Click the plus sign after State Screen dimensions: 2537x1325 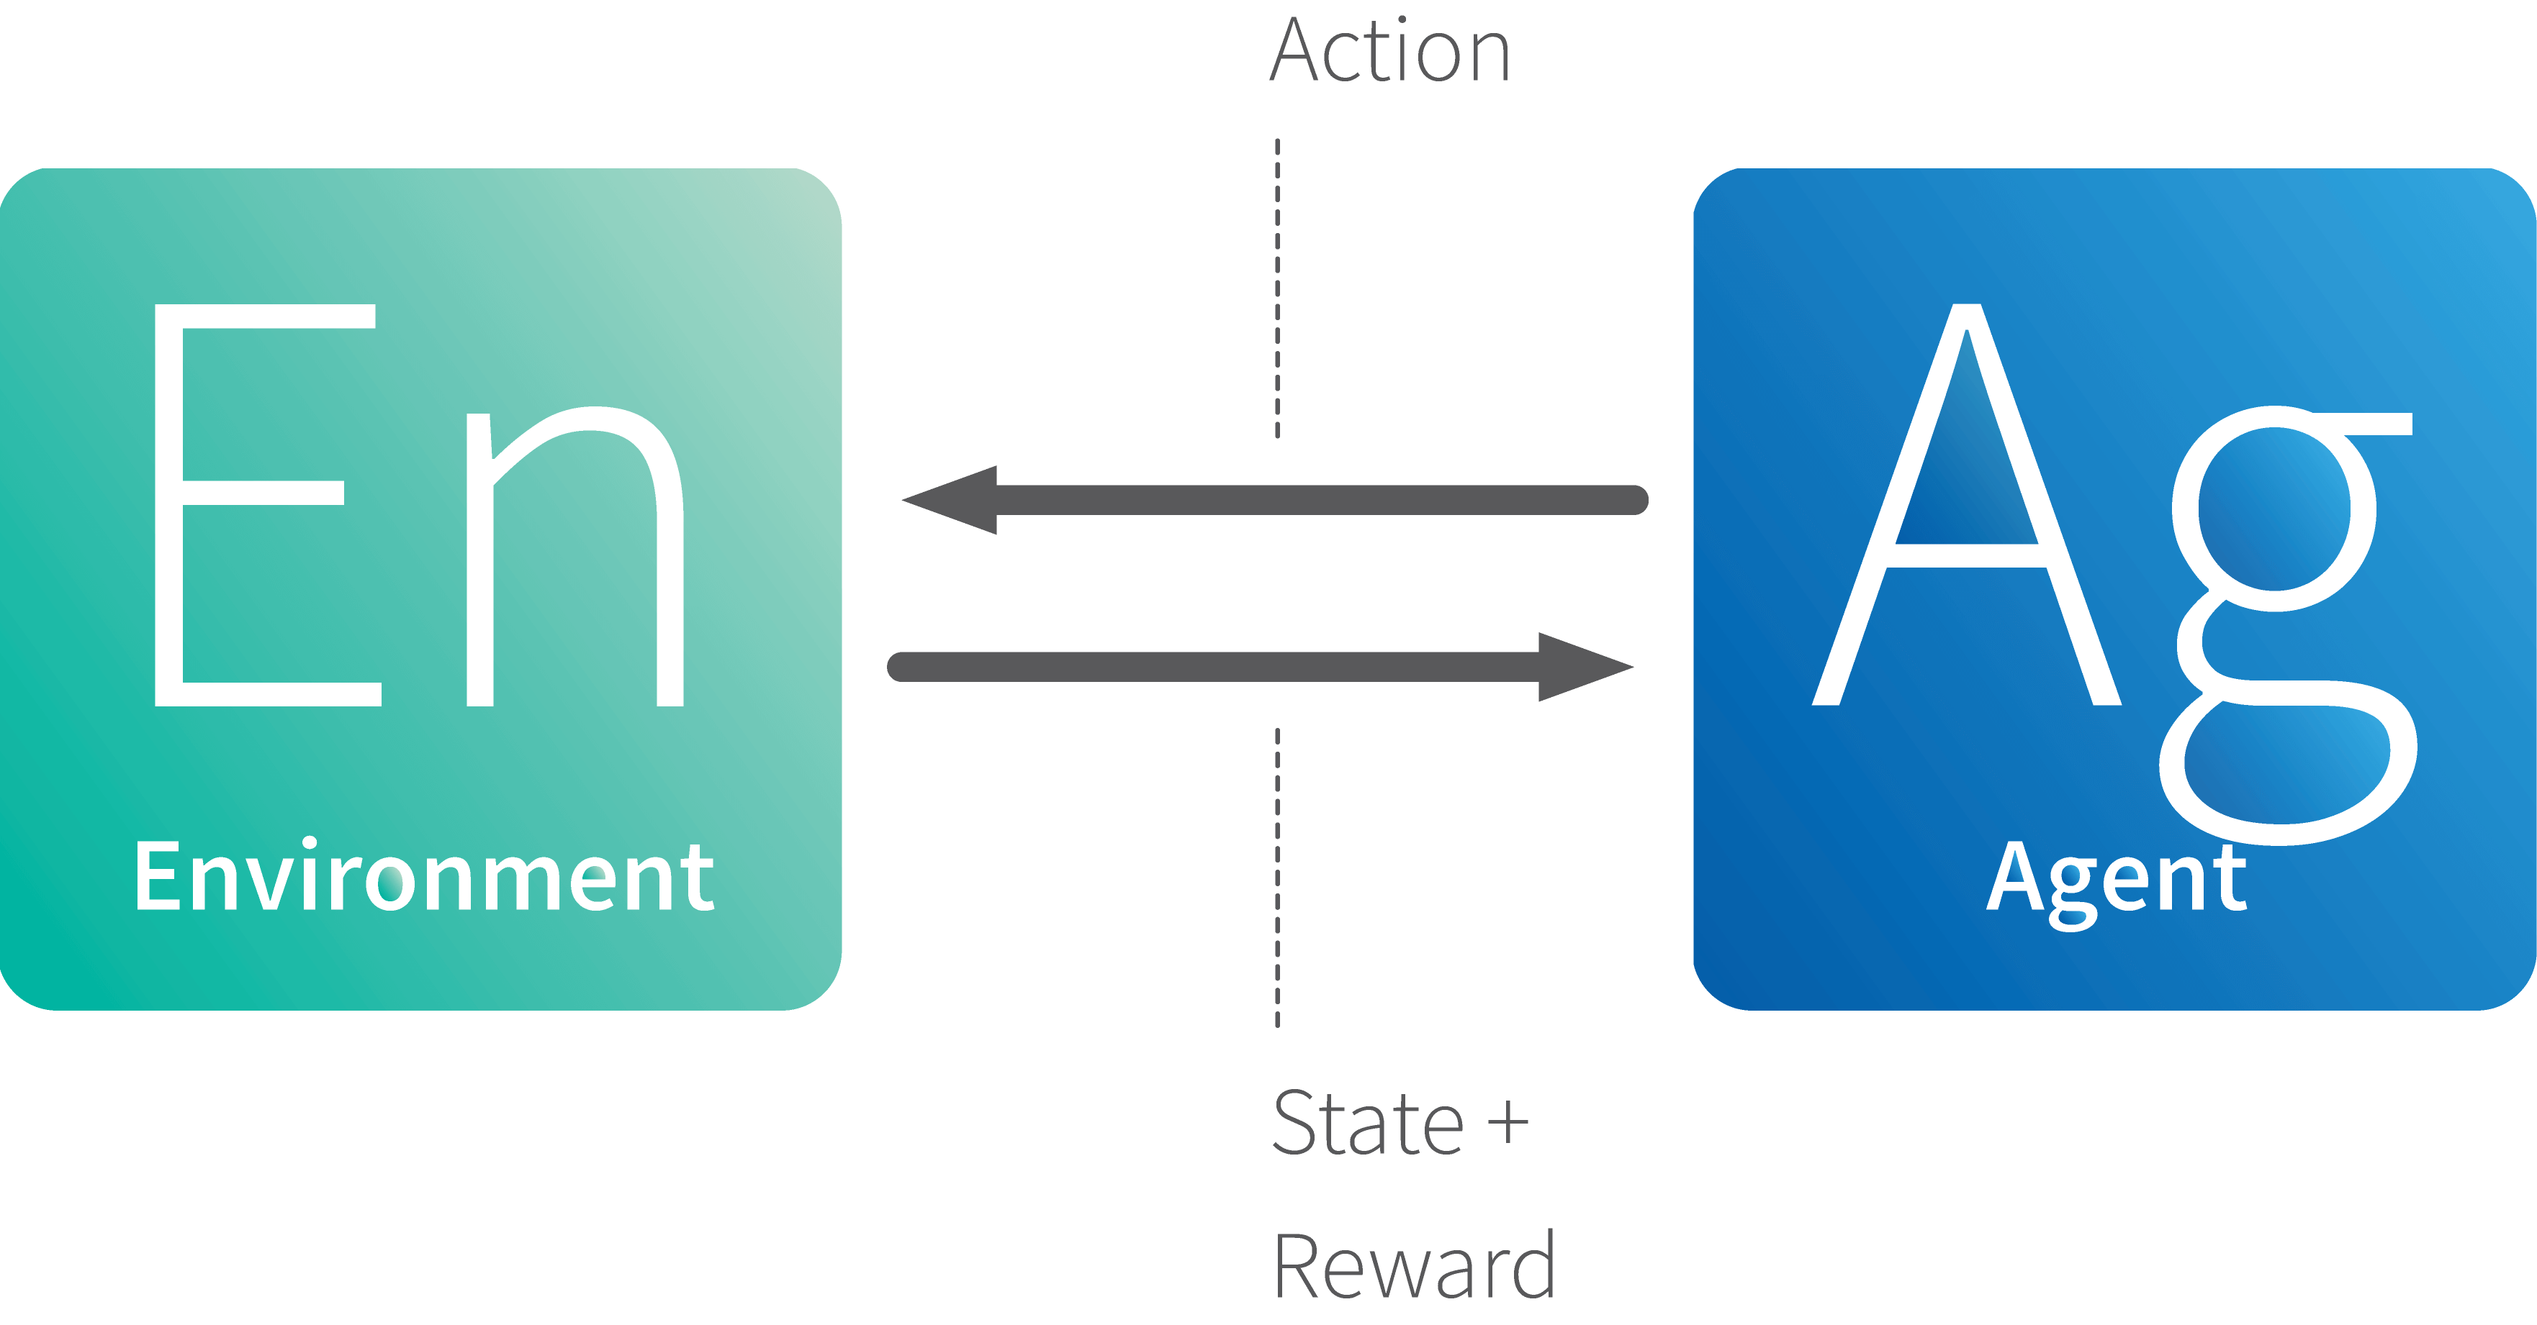pos(1508,1123)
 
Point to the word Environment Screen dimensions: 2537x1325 pos(425,875)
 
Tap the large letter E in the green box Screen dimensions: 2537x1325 pos(268,505)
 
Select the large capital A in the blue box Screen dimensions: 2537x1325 pos(1967,504)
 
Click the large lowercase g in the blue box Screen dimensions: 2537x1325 pos(2287,626)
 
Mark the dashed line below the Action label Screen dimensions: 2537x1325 pos(1277,288)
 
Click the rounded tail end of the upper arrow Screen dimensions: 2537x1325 pos(1634,500)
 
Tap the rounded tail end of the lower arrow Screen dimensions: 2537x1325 pos(902,666)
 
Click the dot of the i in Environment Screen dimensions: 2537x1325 pos(310,844)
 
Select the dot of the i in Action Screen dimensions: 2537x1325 pos(1402,19)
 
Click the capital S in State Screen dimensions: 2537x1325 pos(1295,1121)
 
